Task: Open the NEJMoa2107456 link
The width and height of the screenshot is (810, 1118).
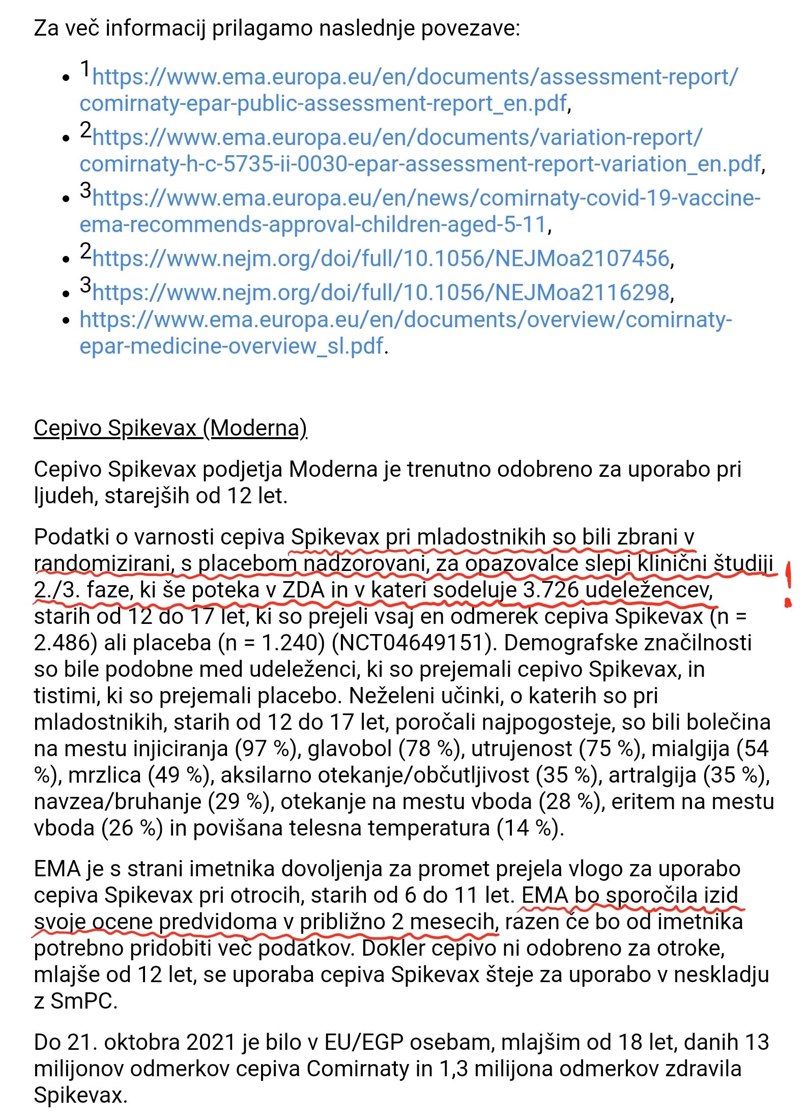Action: coord(381,259)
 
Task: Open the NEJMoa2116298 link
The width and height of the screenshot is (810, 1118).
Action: coord(381,292)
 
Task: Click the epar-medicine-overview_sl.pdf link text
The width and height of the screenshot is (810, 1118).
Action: coord(231,346)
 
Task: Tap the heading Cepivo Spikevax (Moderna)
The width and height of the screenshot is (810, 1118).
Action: coord(170,428)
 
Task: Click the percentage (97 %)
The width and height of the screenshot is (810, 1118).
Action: coord(266,749)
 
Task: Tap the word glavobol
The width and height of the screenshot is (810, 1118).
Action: coord(350,749)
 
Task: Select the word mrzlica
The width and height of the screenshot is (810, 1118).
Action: coord(105,775)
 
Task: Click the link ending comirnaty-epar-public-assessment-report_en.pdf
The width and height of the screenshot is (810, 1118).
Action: coord(323,103)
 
